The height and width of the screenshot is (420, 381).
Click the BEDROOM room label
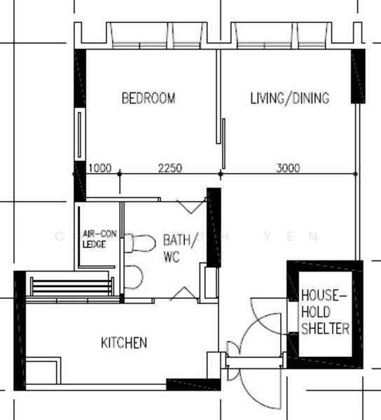pyautogui.click(x=148, y=98)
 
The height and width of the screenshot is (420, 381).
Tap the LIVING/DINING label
pyautogui.click(x=289, y=98)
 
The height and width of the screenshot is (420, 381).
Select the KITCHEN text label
pyautogui.click(x=124, y=342)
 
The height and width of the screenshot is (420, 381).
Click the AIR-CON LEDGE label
pyautogui.click(x=99, y=239)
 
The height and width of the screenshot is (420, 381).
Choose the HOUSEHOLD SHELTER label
pyautogui.click(x=325, y=312)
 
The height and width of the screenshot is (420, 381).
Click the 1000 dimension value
pyautogui.click(x=99, y=167)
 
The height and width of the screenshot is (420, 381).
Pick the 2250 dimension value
pyautogui.click(x=170, y=167)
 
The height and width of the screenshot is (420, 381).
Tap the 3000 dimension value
pyautogui.click(x=288, y=167)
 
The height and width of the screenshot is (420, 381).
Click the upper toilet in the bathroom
pyautogui.click(x=141, y=243)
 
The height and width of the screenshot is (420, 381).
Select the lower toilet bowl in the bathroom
pyautogui.click(x=134, y=277)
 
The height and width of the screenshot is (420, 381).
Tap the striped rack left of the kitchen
pyautogui.click(x=71, y=286)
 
